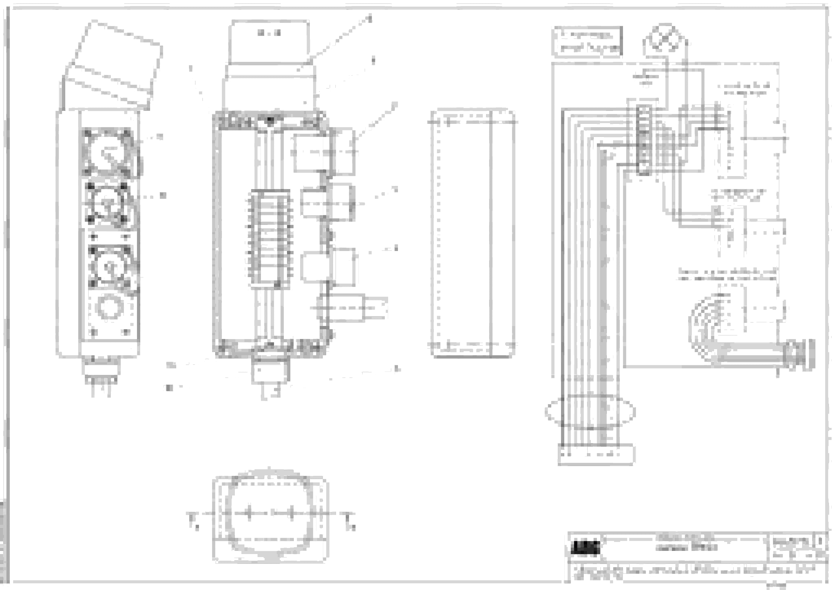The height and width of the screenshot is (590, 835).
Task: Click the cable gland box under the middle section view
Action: (271, 371)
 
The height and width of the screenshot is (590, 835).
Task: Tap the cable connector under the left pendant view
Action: (101, 371)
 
